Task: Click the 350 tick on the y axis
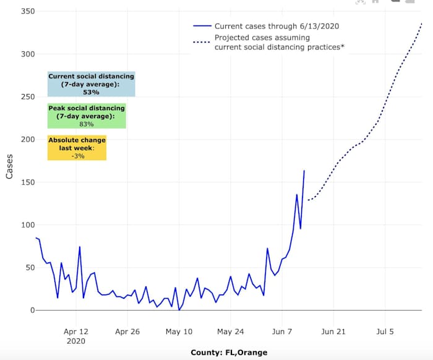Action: [27, 12]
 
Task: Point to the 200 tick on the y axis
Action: [27, 139]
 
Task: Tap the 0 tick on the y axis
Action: [31, 310]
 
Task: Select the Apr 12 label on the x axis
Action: [76, 332]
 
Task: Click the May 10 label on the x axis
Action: [179, 332]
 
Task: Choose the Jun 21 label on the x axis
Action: [333, 332]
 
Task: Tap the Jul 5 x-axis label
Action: [385, 332]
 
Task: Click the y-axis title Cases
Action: [9, 166]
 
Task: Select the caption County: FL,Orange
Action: [228, 353]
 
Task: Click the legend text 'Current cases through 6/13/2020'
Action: [277, 27]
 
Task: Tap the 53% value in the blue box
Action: [91, 92]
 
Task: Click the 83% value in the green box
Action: [87, 124]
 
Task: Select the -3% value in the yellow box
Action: [77, 156]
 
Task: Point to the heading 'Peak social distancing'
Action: [87, 108]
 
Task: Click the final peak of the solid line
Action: [304, 171]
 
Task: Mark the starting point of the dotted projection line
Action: [308, 200]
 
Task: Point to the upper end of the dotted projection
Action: [422, 23]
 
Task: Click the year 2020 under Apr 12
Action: [75, 341]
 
